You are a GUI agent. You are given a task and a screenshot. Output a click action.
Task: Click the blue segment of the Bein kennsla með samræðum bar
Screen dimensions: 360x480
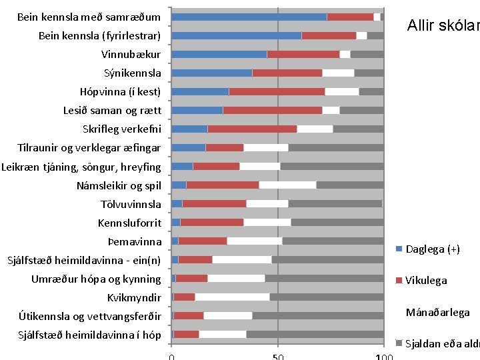pos(249,17)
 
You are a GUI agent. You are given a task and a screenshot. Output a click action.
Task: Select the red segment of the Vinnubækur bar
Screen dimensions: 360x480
pos(303,54)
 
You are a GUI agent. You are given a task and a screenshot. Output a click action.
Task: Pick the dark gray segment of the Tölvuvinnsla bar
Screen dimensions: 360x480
pos(335,204)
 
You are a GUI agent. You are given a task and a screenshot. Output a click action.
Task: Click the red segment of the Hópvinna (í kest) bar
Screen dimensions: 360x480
pos(277,91)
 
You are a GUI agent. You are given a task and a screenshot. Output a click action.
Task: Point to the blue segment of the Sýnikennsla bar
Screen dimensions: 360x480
pos(212,73)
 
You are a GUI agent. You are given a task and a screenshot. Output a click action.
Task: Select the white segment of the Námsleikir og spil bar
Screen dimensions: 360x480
pos(287,185)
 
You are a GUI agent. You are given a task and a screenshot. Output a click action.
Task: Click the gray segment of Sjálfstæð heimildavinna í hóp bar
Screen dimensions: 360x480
pos(315,335)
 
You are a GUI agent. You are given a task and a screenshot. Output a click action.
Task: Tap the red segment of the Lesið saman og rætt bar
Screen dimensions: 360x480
pos(272,110)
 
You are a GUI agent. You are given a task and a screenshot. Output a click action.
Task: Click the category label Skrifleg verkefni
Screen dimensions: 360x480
pos(121,129)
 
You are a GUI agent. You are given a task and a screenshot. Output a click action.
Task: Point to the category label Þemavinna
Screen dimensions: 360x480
pos(134,241)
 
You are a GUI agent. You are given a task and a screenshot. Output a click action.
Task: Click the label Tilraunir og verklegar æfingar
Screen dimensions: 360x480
pos(89,148)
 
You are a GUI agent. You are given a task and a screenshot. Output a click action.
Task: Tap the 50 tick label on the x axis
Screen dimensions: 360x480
pos(278,357)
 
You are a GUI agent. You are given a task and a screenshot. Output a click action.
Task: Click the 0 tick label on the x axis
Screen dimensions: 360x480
pos(172,357)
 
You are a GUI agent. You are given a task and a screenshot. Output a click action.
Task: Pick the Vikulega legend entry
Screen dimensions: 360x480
pos(426,281)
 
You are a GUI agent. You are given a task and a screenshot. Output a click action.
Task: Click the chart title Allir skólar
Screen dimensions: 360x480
pos(443,26)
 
